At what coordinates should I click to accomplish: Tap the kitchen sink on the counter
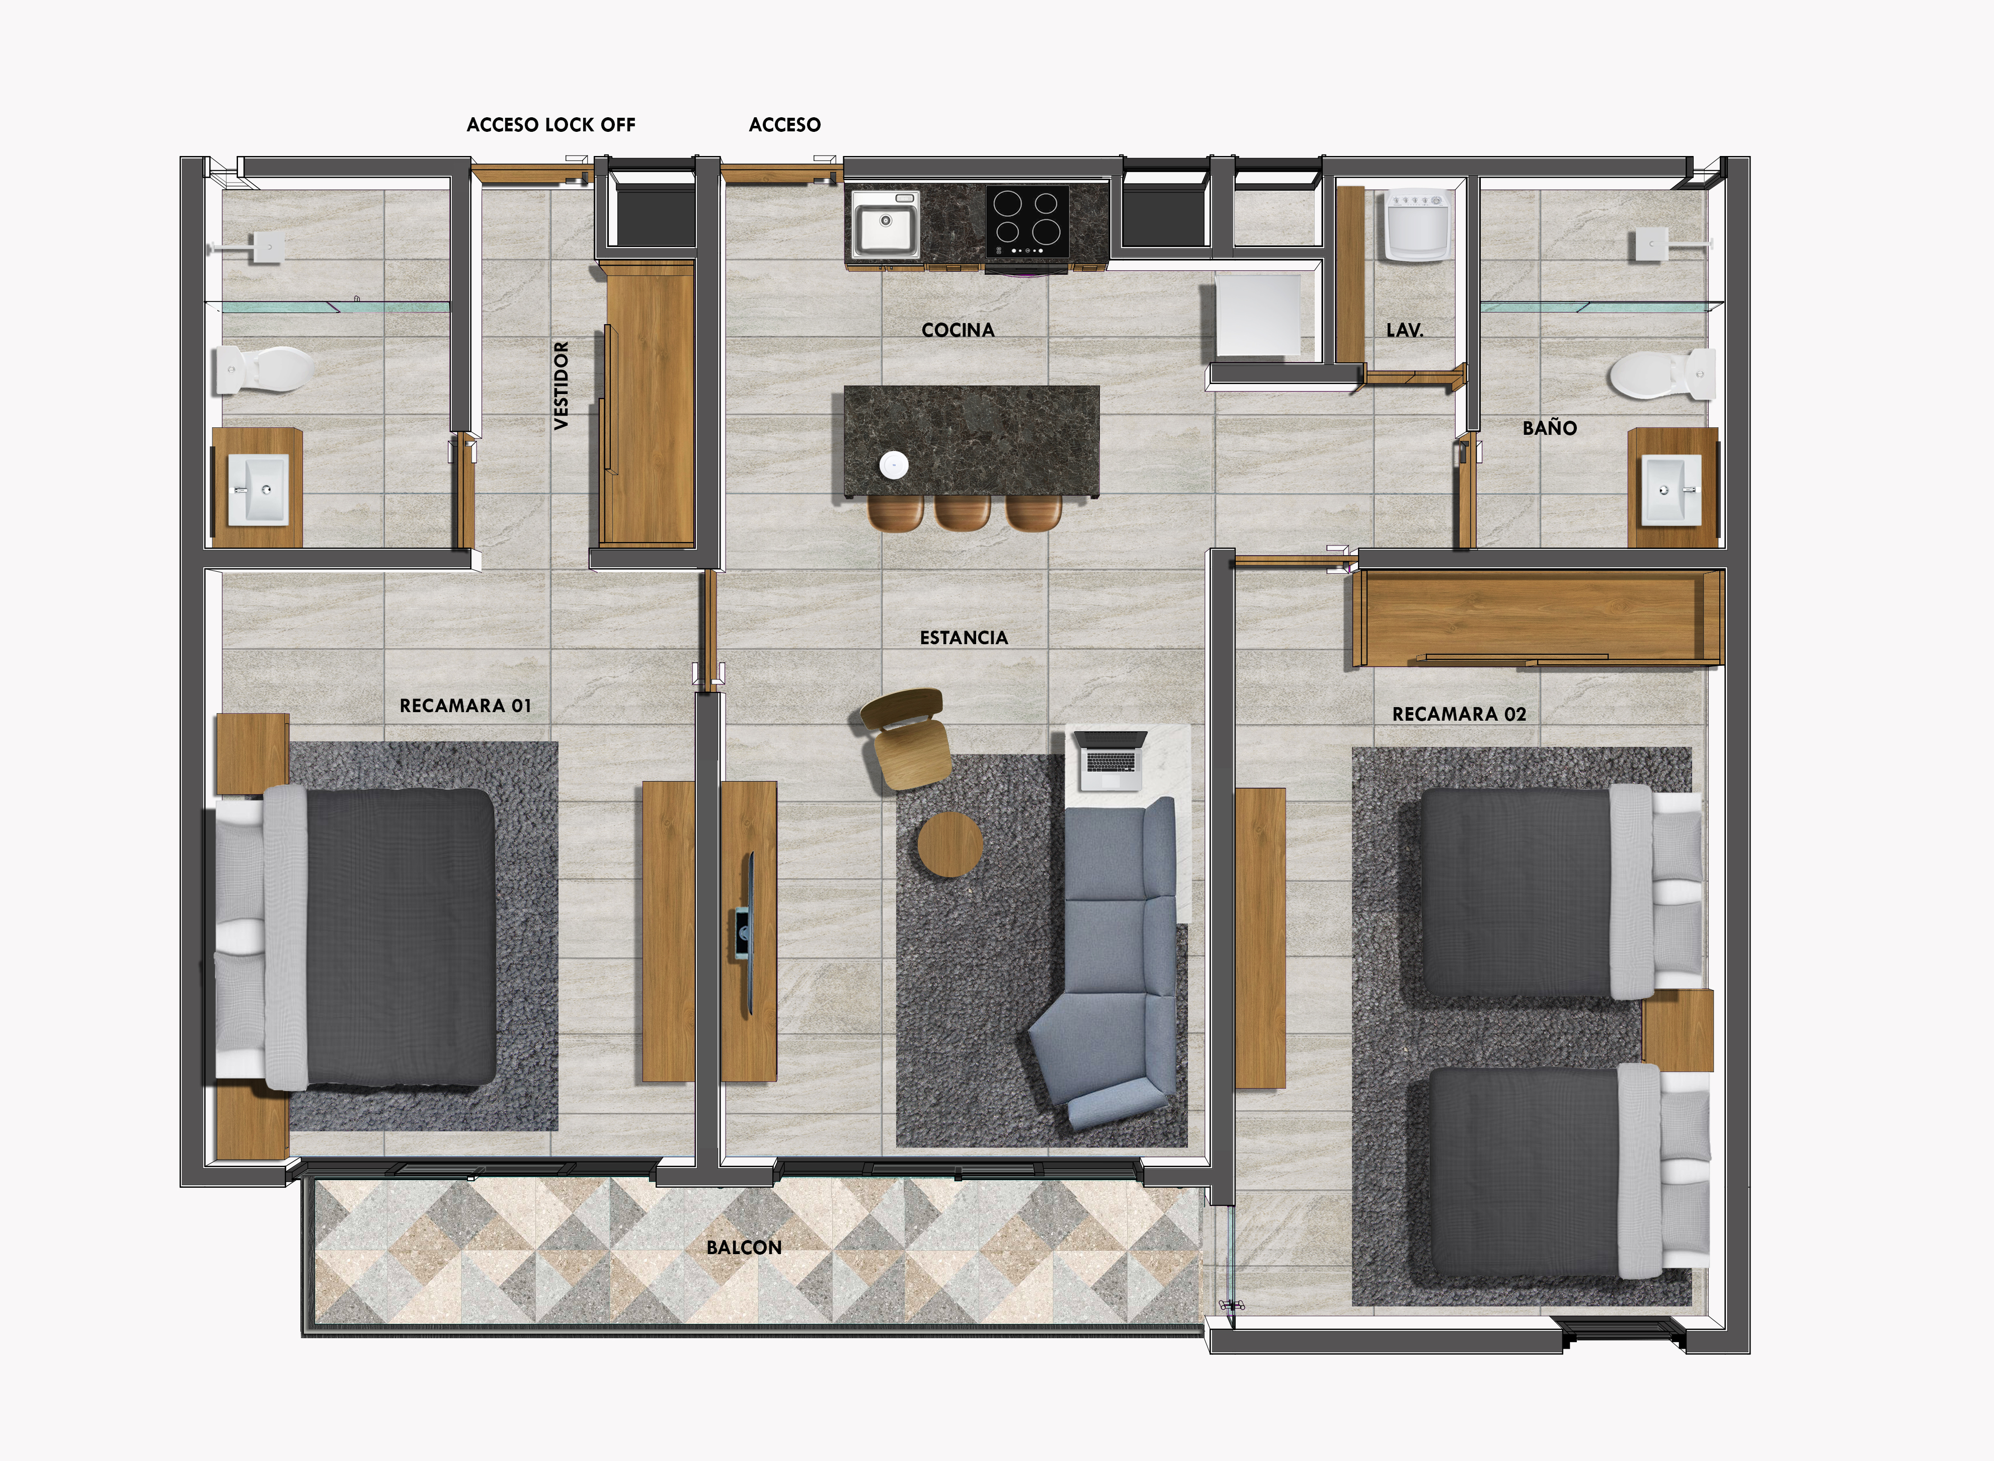(885, 224)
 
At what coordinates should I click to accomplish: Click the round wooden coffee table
(949, 844)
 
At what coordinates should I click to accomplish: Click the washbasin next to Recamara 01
(258, 489)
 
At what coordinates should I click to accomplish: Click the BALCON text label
(744, 1248)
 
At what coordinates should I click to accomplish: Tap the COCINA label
(958, 330)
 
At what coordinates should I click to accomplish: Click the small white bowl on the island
(894, 464)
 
